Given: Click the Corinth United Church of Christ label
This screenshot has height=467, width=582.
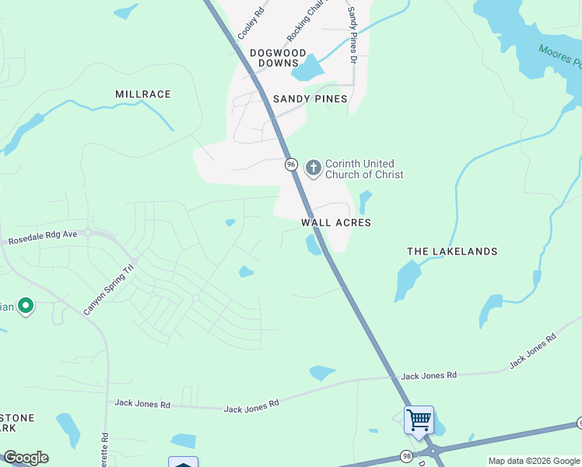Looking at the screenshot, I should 363,169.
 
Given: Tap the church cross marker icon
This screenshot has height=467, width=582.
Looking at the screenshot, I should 313,167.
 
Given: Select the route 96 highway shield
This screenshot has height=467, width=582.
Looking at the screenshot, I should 291,164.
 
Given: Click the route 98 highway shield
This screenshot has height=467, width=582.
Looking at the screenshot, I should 406,455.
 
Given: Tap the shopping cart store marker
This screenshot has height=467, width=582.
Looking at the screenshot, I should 419,421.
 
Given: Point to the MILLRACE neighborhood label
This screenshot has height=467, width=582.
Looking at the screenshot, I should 143,94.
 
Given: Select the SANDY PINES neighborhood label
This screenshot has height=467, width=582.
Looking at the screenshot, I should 310,99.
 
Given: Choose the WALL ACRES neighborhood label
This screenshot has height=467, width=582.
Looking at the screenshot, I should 336,223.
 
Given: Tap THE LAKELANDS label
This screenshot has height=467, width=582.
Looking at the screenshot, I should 452,251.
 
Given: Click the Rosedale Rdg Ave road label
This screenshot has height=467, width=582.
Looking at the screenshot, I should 43,237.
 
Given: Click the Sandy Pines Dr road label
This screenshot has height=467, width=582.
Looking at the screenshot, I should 352,34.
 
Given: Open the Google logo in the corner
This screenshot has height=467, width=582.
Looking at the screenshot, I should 26,457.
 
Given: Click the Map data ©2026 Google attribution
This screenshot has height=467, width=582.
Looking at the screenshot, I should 533,461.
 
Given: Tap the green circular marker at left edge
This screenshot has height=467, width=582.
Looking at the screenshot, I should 25,306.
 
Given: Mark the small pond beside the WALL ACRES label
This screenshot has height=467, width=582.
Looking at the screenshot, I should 313,245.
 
